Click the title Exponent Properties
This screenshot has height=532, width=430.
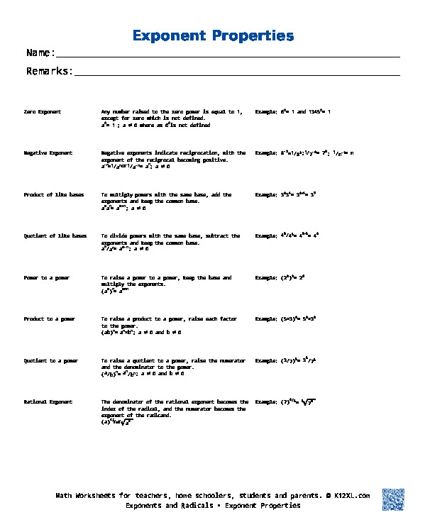tap(213, 35)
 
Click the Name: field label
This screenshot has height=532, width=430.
tap(40, 52)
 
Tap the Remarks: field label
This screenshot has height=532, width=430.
tap(50, 71)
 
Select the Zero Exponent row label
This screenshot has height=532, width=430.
tap(43, 112)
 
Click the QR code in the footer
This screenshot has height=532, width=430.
tap(393, 499)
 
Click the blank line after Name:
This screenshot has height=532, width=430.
tap(227, 55)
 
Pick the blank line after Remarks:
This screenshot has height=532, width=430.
tap(237, 73)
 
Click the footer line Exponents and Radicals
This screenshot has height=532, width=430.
tap(213, 506)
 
